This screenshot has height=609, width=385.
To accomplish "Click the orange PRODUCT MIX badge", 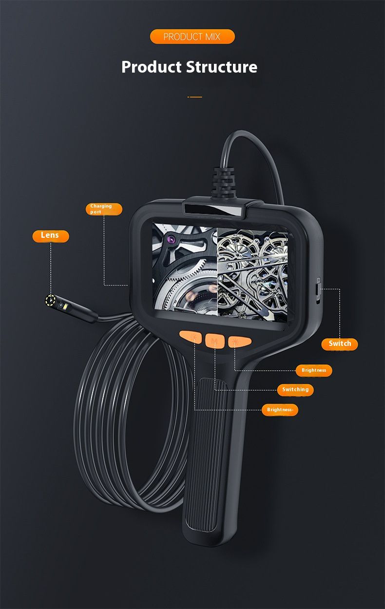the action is pos(192,37).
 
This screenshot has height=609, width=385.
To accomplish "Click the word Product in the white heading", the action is pos(152,67).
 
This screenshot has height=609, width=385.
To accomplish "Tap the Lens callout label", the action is pos(51,236).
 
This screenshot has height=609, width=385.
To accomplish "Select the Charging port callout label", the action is pos(104,209).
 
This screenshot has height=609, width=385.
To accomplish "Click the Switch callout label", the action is pos(339,344).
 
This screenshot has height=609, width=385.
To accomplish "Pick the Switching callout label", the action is pos(295,390).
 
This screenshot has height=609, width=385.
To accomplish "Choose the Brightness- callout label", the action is pos(280,410).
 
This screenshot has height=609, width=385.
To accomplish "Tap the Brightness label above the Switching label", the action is pos(314,370).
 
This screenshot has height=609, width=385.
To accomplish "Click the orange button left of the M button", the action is pos(191,338).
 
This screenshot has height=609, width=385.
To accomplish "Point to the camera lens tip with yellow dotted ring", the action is pos(51,301).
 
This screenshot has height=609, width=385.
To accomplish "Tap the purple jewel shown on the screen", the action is pos(171,239).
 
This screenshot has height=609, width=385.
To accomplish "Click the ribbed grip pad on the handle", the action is pos(207,455).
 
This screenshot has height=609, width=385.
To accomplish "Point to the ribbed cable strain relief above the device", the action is pos(223,182).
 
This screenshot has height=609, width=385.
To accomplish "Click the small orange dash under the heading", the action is pos(194,97).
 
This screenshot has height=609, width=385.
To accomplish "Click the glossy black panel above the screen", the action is pos(214,210).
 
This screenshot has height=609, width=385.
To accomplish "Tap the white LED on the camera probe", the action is pos(65,307).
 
